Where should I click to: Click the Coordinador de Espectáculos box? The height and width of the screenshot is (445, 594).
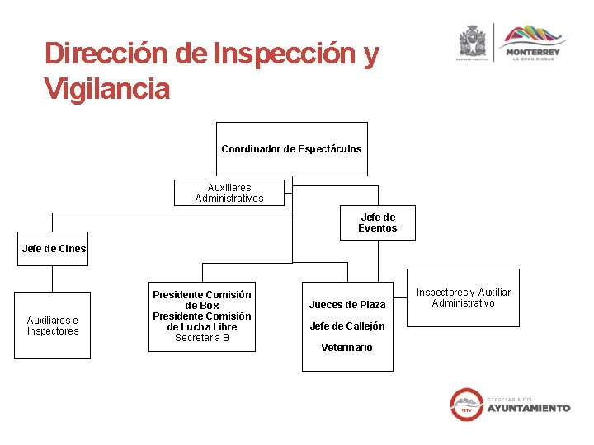(291, 149)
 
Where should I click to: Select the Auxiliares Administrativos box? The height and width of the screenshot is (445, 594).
(229, 193)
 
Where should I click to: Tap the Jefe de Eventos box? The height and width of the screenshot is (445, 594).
(377, 222)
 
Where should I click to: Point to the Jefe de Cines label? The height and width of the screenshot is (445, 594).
(54, 249)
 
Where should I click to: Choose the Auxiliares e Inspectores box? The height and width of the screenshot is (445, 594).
(53, 326)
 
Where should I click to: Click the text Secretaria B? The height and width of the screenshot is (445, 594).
(202, 338)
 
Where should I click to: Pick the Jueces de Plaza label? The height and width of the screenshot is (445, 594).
(346, 305)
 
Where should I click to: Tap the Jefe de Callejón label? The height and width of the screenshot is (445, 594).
(346, 326)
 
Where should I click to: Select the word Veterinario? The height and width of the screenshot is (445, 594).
(346, 348)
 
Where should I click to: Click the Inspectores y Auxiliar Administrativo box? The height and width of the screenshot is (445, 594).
(463, 297)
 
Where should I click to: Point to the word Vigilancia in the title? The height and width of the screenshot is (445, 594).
(107, 88)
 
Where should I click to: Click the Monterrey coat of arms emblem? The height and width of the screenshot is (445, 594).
(473, 41)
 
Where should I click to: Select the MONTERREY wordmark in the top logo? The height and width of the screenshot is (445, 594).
(534, 52)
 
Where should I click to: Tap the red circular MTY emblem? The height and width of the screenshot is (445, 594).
(466, 404)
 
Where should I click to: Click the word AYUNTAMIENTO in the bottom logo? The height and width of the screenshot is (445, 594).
(528, 408)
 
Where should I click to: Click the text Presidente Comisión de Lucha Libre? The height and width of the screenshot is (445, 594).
(202, 321)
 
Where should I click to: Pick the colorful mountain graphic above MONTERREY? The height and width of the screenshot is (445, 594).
(534, 35)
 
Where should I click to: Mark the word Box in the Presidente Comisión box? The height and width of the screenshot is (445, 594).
(210, 306)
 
